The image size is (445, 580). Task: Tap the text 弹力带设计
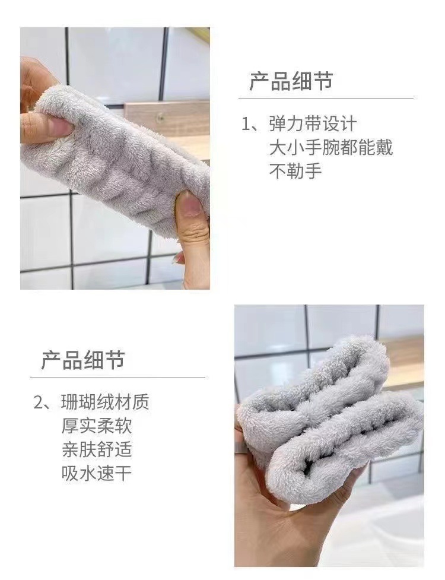tap(313, 124)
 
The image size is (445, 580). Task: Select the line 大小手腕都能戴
tap(331, 148)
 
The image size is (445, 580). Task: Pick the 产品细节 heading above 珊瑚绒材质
tap(82, 360)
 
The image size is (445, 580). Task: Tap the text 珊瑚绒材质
tap(105, 402)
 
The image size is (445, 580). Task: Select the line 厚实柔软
tap(96, 426)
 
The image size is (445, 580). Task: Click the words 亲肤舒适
tap(96, 449)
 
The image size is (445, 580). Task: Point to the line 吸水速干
tap(96, 473)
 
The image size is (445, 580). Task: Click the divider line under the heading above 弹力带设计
tap(326, 99)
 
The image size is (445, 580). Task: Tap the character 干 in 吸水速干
tap(123, 473)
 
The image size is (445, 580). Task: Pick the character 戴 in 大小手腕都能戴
tap(384, 148)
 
